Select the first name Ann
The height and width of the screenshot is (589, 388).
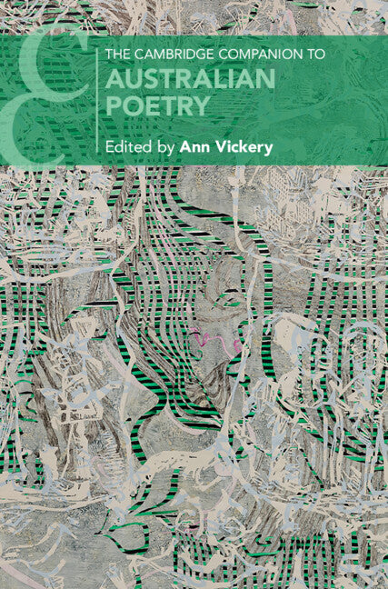(195, 145)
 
